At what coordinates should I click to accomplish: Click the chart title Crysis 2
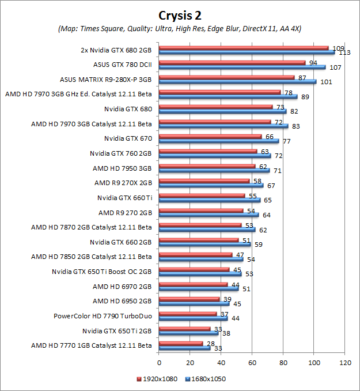point(180,14)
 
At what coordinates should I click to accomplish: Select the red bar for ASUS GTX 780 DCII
point(232,63)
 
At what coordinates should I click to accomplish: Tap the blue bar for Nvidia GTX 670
point(219,141)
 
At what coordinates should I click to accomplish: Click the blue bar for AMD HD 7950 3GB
point(214,171)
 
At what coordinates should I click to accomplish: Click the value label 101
point(326,82)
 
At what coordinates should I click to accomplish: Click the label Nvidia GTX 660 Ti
point(124,198)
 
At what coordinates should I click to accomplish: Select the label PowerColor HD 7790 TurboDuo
point(103,315)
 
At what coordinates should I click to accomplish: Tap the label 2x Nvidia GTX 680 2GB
point(116,50)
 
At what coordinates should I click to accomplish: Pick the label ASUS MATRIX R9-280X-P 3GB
point(105,79)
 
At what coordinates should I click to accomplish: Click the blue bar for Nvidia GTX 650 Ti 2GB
point(188,333)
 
